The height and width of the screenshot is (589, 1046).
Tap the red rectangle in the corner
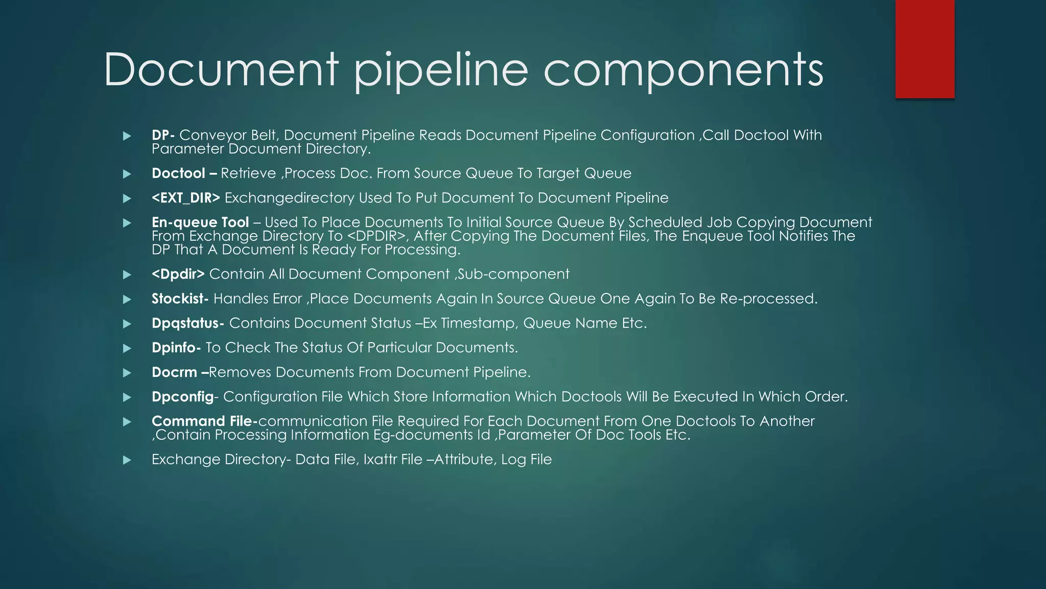pos(924,49)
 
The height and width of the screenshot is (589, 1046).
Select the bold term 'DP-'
pos(163,135)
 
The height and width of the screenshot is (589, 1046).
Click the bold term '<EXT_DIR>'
pos(186,198)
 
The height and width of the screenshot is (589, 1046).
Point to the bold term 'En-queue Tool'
pos(200,222)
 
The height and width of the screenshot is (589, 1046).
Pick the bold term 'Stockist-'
pos(180,299)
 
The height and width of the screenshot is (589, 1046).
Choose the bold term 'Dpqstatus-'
pos(187,323)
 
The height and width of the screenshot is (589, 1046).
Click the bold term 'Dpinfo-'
pos(176,348)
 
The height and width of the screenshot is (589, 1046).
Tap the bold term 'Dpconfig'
pos(182,397)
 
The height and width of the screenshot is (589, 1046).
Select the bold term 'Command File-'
pos(204,421)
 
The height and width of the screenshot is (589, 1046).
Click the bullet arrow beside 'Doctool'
pos(127,174)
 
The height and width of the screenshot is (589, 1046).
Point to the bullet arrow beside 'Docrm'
pos(127,373)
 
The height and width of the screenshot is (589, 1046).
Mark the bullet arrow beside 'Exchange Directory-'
pos(127,460)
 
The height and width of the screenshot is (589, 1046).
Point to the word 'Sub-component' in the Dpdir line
pos(513,274)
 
